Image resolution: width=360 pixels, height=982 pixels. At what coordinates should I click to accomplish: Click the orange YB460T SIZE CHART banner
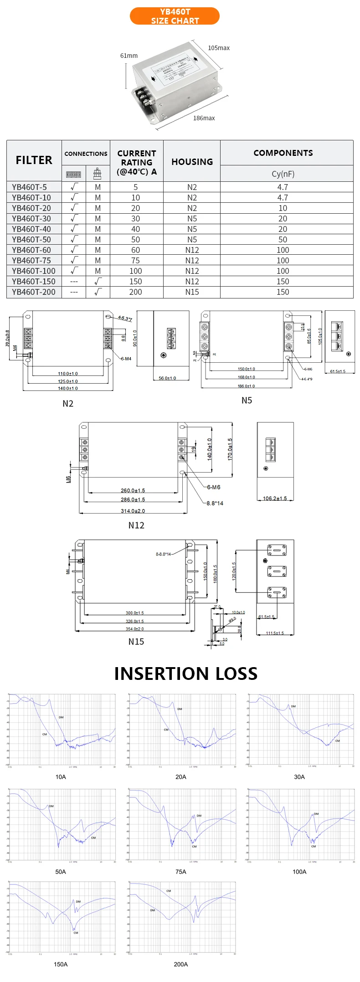coord(175,16)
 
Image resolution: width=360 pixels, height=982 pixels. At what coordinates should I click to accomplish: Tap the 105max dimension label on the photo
coord(219,48)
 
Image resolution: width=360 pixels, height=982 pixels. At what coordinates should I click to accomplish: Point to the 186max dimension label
coord(204,118)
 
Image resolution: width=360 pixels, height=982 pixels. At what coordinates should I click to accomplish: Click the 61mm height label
coord(129,56)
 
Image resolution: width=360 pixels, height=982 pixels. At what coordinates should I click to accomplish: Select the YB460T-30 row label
coord(31,219)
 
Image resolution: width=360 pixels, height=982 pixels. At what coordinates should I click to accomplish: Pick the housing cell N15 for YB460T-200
coord(192,292)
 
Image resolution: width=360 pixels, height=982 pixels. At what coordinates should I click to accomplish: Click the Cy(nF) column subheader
coord(283,174)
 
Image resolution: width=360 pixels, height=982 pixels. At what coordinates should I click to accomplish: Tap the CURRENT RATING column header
coord(136,162)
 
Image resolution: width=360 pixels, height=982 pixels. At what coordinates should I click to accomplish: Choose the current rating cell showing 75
coord(136,261)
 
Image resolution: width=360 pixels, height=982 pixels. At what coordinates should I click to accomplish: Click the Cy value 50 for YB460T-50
coord(283,240)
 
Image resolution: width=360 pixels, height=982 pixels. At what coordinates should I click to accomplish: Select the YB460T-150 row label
coord(34,282)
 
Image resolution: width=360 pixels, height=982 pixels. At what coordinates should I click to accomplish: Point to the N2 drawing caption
coord(68,404)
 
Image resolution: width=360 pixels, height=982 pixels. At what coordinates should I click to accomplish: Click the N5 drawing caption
coord(247,401)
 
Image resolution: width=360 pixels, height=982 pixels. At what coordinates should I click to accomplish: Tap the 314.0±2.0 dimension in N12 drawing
coord(133,511)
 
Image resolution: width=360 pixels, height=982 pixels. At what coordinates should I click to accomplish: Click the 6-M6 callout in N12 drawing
coord(213,487)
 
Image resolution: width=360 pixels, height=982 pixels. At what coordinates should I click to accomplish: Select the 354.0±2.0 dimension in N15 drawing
coord(135,629)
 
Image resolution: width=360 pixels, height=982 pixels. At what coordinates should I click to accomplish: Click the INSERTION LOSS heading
coord(185,674)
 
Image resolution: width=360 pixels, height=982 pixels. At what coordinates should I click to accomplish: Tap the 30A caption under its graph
coord(299,777)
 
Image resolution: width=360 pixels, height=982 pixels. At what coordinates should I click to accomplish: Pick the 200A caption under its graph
coord(181,964)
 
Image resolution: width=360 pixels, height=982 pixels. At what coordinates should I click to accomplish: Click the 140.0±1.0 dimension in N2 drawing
coord(68,388)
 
